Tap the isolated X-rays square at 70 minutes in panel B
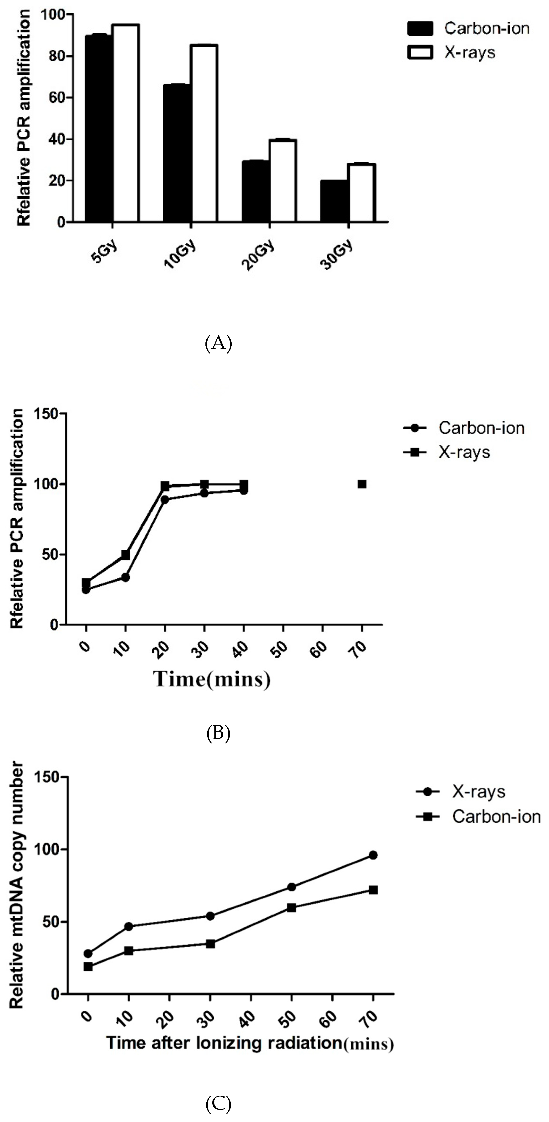[x=362, y=484]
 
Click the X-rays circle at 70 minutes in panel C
[x=373, y=855]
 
